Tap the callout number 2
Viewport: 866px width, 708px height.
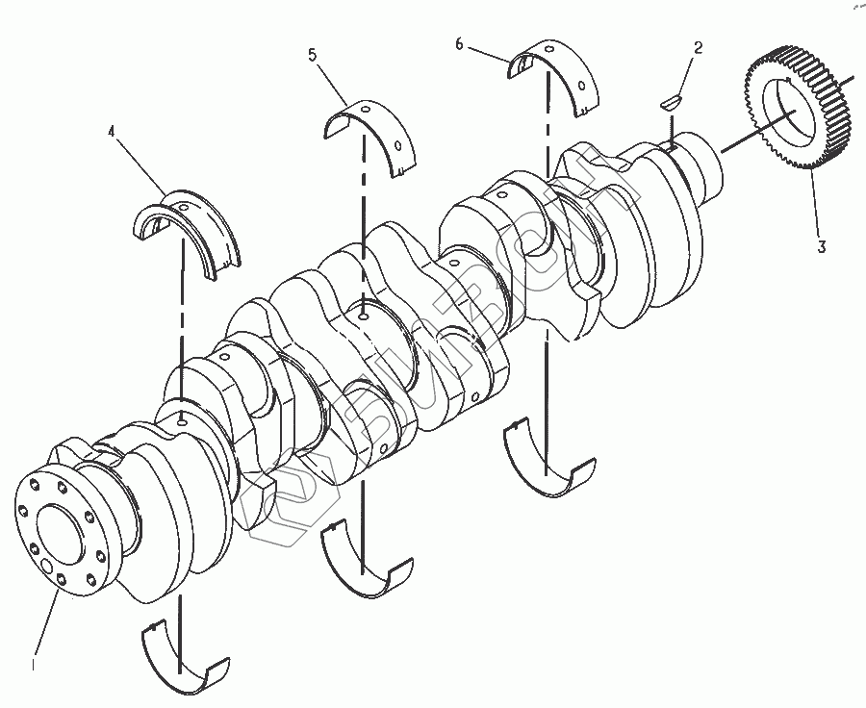[698, 47]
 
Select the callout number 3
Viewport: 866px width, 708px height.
[821, 246]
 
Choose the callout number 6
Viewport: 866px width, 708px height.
[459, 43]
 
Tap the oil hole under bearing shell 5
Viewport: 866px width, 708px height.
[363, 314]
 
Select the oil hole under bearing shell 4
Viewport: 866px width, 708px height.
[183, 419]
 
